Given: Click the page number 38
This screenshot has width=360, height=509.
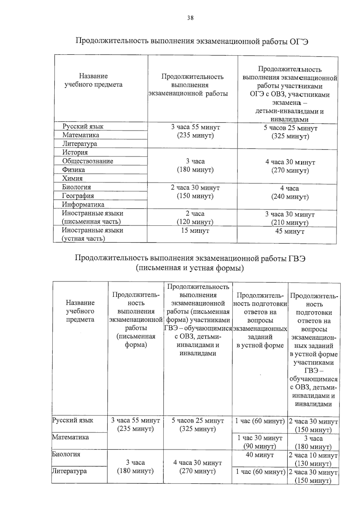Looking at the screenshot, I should tap(190, 18).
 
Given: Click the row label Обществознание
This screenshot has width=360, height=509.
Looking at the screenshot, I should tap(88, 161).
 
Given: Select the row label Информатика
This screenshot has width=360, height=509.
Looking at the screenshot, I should tap(83, 205).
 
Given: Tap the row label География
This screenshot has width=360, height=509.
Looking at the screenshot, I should tap(78, 196).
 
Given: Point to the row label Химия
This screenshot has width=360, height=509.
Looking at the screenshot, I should tap(72, 178).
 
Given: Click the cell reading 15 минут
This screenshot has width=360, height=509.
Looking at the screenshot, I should tap(195, 231).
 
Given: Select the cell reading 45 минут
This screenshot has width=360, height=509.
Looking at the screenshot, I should tap(290, 232).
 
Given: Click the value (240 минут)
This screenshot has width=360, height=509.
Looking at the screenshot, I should tap(290, 197).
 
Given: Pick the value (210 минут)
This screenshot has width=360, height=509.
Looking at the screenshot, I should tap(290, 223).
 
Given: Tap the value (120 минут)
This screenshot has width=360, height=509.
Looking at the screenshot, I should tap(195, 222).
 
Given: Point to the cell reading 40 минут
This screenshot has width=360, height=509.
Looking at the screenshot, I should tap(260, 455).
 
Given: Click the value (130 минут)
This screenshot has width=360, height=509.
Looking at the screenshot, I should tap(313, 464).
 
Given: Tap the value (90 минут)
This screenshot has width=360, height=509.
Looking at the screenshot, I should tap(260, 446).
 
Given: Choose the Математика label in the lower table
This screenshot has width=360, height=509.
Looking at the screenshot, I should tap(70, 437).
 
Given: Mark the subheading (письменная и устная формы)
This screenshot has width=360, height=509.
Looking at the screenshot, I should tap(190, 268).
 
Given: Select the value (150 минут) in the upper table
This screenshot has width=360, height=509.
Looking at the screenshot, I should tap(195, 196).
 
